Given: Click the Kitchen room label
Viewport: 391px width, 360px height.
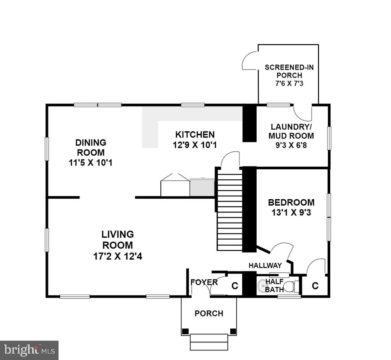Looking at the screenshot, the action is pyautogui.click(x=195, y=135).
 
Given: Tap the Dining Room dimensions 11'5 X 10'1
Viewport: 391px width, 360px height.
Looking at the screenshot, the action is pyautogui.click(x=90, y=163).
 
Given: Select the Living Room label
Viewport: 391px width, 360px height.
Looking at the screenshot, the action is pyautogui.click(x=118, y=240).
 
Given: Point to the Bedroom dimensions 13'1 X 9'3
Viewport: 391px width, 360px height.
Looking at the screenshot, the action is pyautogui.click(x=291, y=213).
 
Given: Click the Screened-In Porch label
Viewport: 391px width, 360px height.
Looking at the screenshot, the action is pyautogui.click(x=289, y=71).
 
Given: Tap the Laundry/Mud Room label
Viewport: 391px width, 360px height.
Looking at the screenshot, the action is pyautogui.click(x=291, y=131).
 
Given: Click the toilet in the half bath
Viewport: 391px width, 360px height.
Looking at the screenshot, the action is pyautogui.click(x=292, y=287).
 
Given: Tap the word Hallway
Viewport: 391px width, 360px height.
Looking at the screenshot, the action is pyautogui.click(x=265, y=265).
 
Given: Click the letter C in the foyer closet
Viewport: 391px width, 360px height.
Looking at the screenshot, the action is pyautogui.click(x=235, y=285).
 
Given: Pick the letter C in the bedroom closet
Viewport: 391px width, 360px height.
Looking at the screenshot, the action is pyautogui.click(x=315, y=285).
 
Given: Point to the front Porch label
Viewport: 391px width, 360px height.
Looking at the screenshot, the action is pyautogui.click(x=209, y=313).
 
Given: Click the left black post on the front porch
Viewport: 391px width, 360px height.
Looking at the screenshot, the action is pyautogui.click(x=185, y=331).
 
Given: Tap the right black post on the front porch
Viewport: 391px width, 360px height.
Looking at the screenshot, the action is pyautogui.click(x=233, y=331).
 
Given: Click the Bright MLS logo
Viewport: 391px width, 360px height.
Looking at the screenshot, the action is pyautogui.click(x=29, y=350).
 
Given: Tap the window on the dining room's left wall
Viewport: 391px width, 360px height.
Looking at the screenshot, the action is pyautogui.click(x=47, y=149).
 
